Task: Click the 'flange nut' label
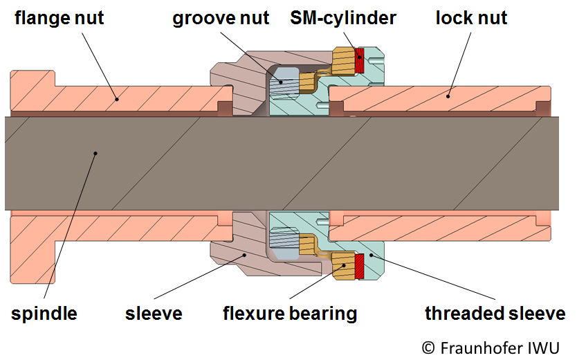59,17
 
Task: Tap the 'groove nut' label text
220,17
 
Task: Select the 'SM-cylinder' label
343,17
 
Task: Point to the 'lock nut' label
471,17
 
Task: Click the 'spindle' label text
44,314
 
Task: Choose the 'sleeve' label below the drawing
154,314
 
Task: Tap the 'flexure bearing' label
290,314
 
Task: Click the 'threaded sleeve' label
495,314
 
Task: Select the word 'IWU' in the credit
546,346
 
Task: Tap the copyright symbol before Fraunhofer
429,346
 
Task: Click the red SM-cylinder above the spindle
359,61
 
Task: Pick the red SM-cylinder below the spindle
359,265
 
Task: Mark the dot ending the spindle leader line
95,153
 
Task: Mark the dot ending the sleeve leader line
244,255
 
